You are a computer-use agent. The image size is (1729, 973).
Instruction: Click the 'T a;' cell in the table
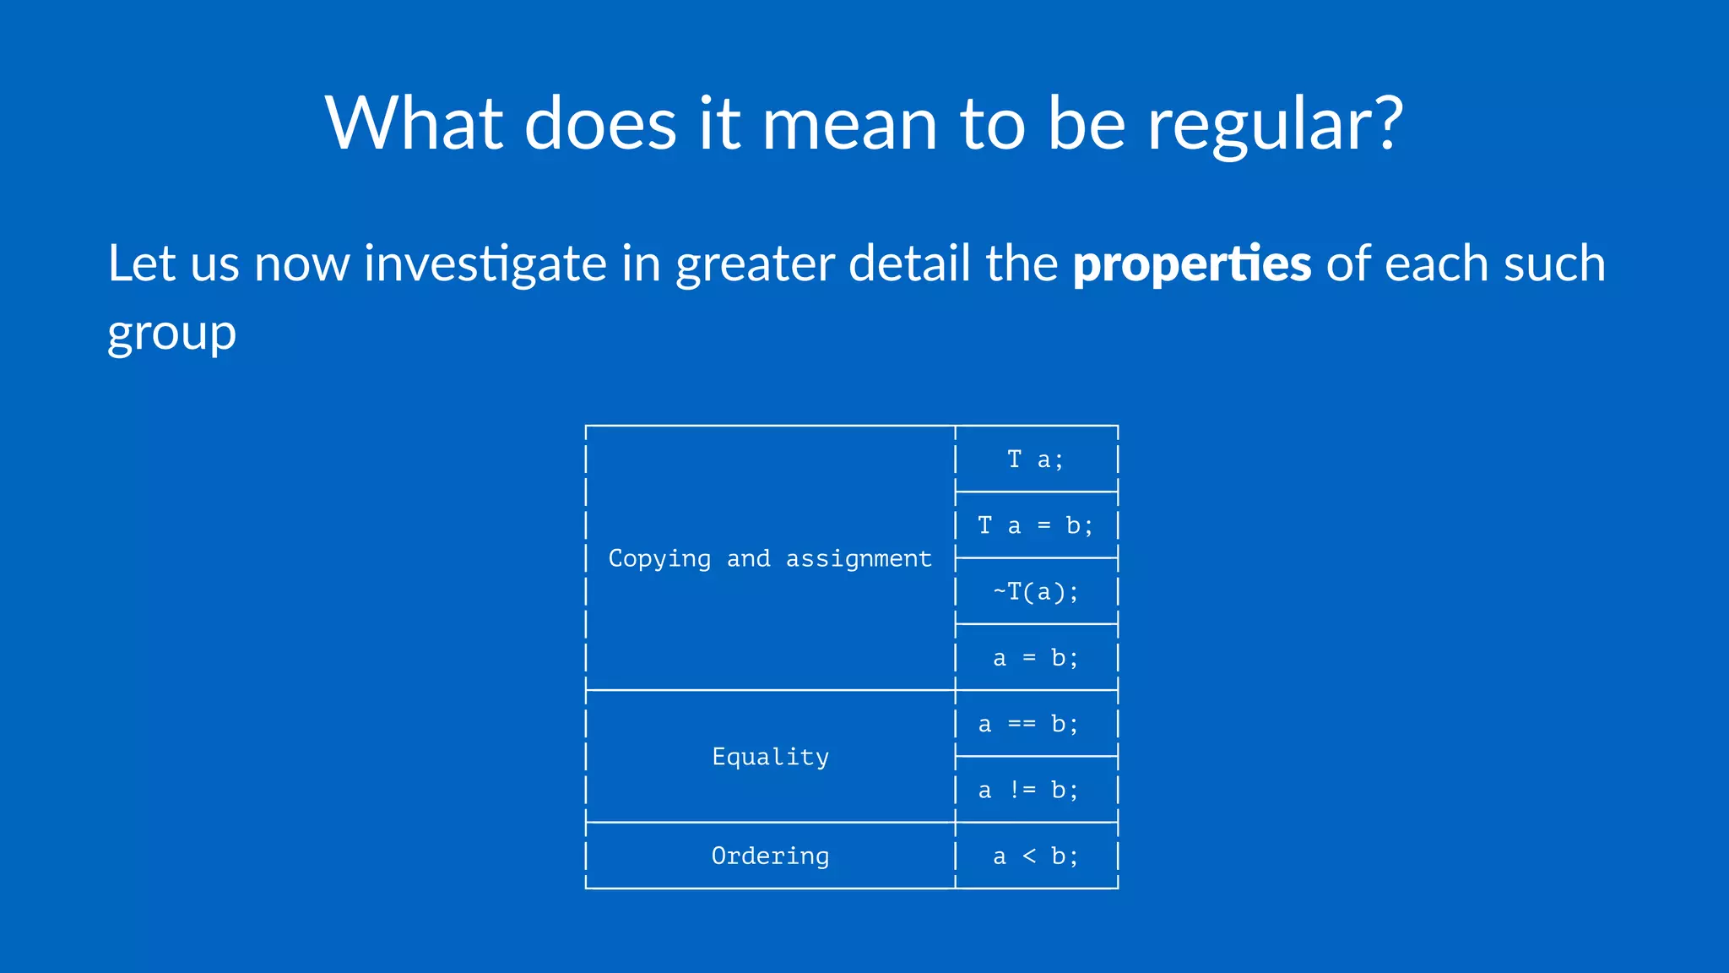click(1036, 459)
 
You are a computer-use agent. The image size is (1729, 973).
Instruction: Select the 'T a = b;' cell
click(1036, 525)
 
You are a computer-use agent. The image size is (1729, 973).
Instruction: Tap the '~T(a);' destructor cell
click(1036, 591)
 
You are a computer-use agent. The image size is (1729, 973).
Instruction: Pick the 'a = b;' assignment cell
click(1036, 657)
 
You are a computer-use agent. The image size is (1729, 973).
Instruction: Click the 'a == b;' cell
click(1028, 724)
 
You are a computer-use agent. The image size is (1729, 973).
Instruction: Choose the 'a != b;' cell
click(1028, 790)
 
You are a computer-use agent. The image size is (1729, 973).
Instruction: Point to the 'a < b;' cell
click(1036, 856)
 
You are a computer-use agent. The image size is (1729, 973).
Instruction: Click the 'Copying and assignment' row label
click(770, 558)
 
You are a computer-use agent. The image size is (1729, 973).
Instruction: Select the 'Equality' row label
click(770, 756)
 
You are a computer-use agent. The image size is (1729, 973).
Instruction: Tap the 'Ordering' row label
click(770, 856)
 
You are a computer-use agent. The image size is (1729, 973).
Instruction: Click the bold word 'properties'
click(1191, 264)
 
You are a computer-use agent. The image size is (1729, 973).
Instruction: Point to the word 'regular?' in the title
click(1275, 125)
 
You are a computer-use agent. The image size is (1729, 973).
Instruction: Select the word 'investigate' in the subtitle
click(485, 264)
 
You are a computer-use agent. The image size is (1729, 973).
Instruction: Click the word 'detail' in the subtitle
click(909, 263)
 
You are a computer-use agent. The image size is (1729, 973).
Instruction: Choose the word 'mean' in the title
click(850, 125)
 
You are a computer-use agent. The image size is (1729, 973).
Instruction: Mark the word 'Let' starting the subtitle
click(142, 263)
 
